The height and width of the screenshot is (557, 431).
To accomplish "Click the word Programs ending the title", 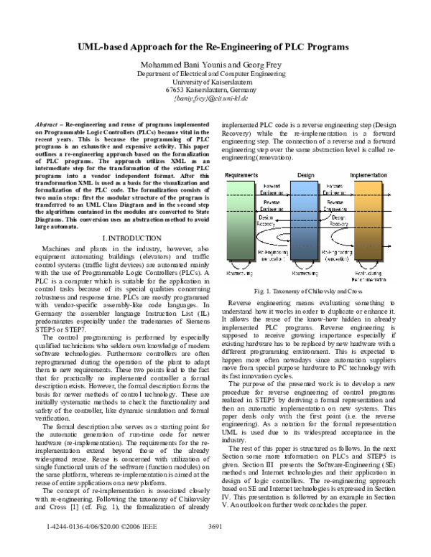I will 328,47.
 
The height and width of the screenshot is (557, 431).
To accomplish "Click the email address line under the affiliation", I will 215,98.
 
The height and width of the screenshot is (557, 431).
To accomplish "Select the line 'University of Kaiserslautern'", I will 215,82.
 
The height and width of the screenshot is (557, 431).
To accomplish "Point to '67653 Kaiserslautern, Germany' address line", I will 215,90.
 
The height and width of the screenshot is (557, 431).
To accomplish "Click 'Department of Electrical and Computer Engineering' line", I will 215,74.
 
